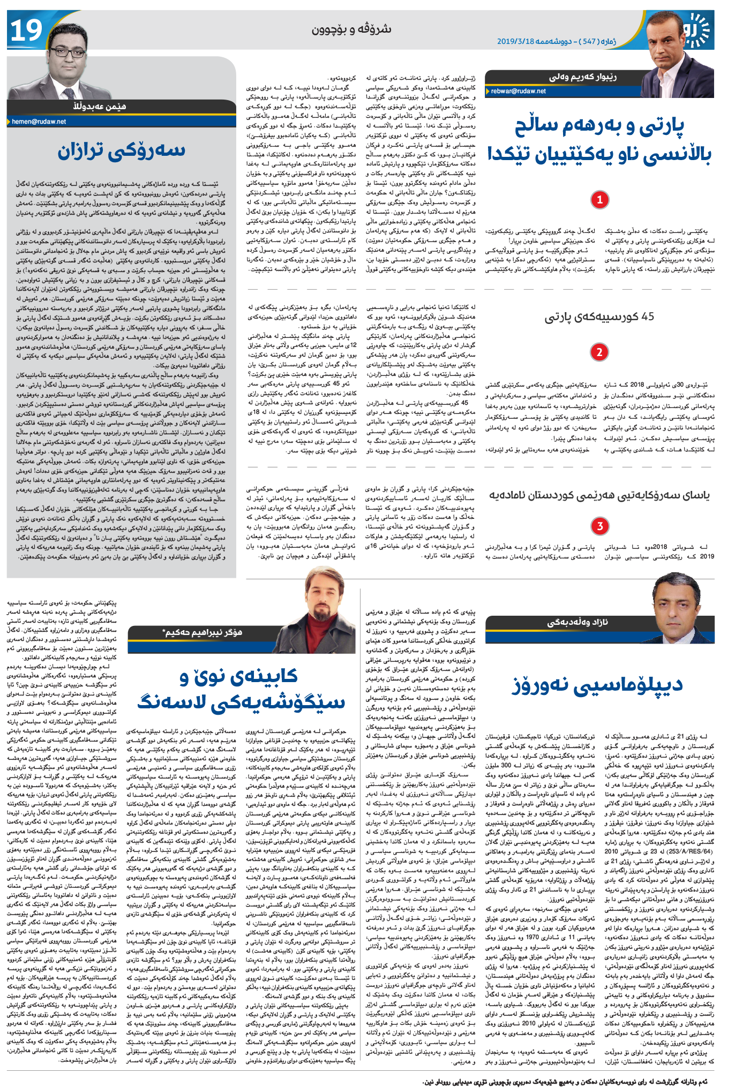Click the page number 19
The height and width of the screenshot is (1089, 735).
coord(26,31)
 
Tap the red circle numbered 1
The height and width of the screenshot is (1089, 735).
coord(599,200)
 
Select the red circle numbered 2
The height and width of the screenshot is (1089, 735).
coord(599,352)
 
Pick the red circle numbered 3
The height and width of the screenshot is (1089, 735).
coord(599,526)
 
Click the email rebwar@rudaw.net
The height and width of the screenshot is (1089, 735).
coord(519,91)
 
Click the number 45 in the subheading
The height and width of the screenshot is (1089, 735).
coord(647,317)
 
